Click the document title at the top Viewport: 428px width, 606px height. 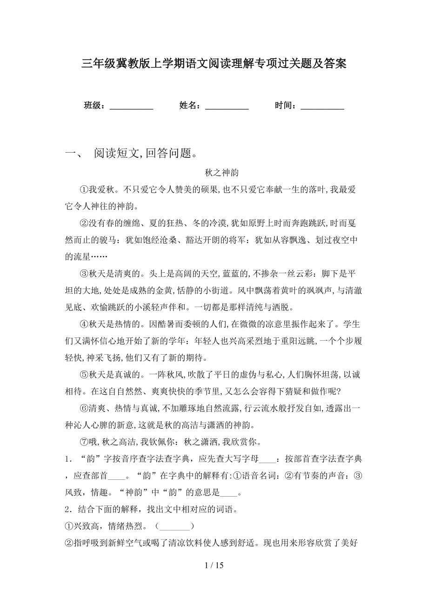(214, 63)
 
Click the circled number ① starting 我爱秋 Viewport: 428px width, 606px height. (84, 189)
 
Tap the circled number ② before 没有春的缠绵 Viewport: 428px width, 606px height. (84, 223)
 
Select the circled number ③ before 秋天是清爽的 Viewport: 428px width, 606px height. (84, 273)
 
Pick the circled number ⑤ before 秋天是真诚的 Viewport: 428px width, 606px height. (84, 374)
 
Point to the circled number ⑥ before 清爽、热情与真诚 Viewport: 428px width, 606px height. (84, 408)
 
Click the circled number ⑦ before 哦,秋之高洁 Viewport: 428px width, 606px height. (84, 441)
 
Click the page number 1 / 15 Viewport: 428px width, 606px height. (214, 566)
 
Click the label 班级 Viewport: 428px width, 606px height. (94, 106)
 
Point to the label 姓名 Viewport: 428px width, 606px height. (189, 106)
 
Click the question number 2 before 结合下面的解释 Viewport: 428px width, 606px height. (68, 510)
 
